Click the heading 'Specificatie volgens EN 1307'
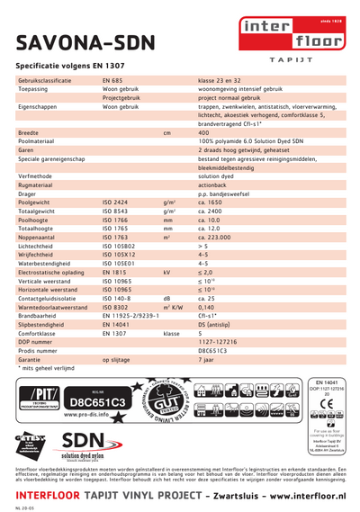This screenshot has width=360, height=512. coord(70,66)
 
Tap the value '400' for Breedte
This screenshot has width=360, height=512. coord(203,132)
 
